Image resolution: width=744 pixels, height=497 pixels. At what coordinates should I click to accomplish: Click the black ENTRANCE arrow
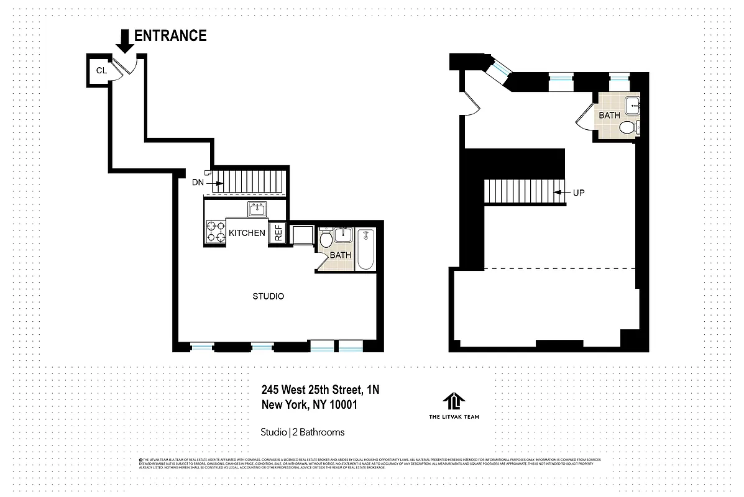click(124, 41)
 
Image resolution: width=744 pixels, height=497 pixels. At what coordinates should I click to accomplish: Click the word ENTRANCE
click(170, 36)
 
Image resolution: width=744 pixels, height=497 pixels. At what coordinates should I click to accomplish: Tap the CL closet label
click(101, 71)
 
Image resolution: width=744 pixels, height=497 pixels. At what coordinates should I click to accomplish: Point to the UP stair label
click(579, 193)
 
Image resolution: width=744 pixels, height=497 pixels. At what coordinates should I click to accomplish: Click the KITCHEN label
click(247, 233)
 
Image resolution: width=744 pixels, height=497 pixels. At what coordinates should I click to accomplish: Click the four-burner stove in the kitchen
click(215, 232)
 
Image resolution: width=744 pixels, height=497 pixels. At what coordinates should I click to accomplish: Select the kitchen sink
click(257, 209)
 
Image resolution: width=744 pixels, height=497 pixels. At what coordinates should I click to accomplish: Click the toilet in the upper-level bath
click(628, 128)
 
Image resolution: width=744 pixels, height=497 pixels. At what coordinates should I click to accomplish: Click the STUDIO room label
click(268, 296)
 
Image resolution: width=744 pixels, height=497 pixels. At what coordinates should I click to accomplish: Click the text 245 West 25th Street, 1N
click(320, 390)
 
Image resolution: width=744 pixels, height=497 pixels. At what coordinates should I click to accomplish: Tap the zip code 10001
click(348, 405)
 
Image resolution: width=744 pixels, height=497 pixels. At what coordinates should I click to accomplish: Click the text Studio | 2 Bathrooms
click(302, 432)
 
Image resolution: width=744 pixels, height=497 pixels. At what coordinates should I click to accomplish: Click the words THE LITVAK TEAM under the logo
click(454, 417)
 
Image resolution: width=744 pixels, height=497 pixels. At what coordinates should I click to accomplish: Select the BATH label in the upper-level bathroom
click(609, 116)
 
